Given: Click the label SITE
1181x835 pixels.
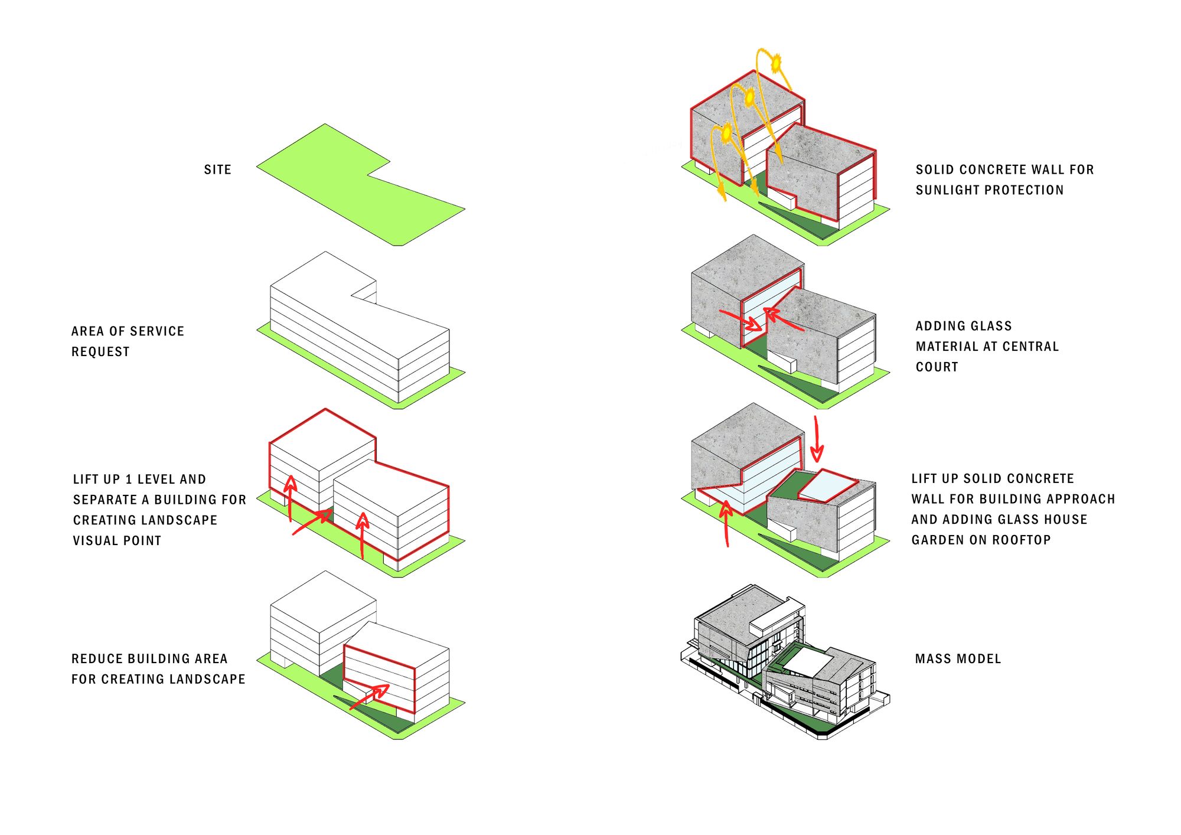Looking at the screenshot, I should click(x=217, y=169).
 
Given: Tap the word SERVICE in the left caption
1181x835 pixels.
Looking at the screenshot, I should click(x=155, y=331).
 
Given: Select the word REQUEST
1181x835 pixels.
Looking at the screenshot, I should click(x=100, y=352).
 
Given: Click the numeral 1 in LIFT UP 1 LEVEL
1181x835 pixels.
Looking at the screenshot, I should click(x=129, y=479).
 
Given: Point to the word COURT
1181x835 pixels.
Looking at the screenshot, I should click(x=937, y=367).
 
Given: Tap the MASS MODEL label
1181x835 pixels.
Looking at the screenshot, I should click(x=958, y=658).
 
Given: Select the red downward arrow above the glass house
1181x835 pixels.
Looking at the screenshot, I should click(x=817, y=440).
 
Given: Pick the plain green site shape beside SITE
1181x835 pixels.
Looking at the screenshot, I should click(x=360, y=186).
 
